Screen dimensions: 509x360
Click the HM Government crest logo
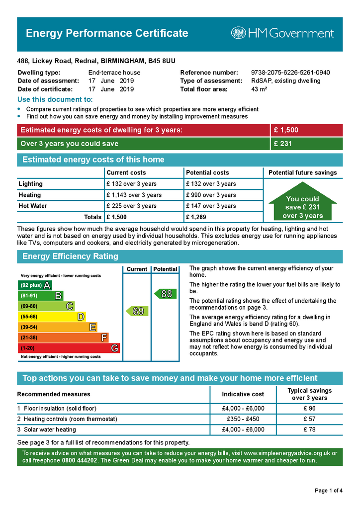pyautogui.click(x=239, y=33)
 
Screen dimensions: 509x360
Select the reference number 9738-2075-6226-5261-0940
pyautogui.click(x=290, y=73)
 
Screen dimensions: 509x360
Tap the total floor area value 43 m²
pyautogui.click(x=259, y=89)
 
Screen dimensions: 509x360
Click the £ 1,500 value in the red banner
pyautogui.click(x=286, y=130)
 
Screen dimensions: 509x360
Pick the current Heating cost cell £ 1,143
pyautogui.click(x=134, y=195)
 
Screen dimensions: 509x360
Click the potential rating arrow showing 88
pyautogui.click(x=165, y=294)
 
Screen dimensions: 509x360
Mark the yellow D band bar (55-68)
pyautogui.click(x=52, y=317)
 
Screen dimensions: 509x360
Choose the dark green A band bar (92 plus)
pyautogui.click(x=34, y=285)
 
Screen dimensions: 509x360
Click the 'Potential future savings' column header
pyautogui.click(x=302, y=172)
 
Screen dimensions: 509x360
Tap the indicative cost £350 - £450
pyautogui.click(x=243, y=419)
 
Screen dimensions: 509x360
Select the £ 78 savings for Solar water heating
pyautogui.click(x=309, y=429)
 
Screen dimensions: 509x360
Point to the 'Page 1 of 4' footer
pyautogui.click(x=329, y=491)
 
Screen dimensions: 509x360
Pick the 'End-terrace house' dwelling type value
pyautogui.click(x=114, y=73)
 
